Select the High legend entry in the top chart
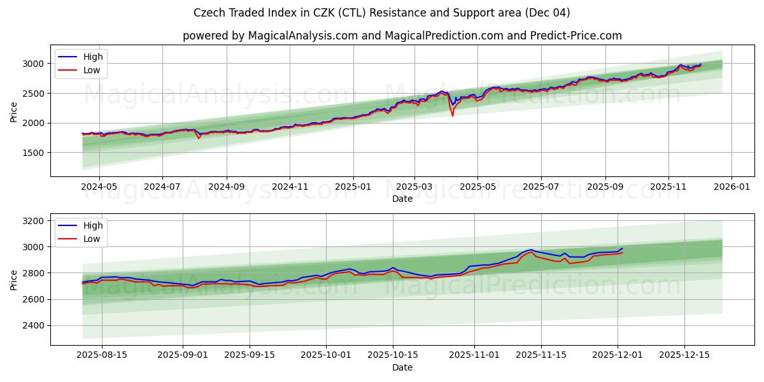pyautogui.click(x=92, y=57)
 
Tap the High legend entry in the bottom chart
pyautogui.click(x=92, y=225)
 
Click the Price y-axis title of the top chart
pyautogui.click(x=13, y=111)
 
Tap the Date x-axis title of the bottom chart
pyautogui.click(x=402, y=367)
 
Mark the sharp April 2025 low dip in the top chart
pyautogui.click(x=453, y=115)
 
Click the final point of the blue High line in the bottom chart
pyautogui.click(x=623, y=248)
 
